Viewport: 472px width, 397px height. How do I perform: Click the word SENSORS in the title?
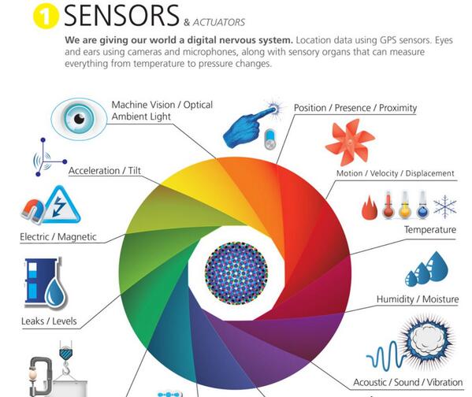[x=121, y=15]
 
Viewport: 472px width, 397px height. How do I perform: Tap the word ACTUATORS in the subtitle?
[x=219, y=22]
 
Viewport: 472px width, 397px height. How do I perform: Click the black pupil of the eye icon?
[x=79, y=119]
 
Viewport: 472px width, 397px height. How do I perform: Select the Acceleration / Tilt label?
[x=105, y=171]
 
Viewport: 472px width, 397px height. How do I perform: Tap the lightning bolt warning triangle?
[x=61, y=206]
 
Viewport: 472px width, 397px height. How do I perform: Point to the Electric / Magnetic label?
[x=58, y=237]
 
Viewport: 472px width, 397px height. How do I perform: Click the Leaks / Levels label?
[x=49, y=321]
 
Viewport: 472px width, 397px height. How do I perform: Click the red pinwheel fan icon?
[x=350, y=142]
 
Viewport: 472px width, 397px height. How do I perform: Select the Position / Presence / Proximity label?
[x=355, y=108]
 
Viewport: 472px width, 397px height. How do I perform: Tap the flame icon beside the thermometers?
[x=369, y=208]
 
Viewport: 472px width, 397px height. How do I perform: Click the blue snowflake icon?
[x=445, y=207]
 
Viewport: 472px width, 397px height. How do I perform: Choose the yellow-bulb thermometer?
[x=405, y=205]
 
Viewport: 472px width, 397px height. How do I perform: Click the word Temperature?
[x=430, y=230]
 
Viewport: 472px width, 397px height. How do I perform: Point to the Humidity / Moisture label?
[x=418, y=299]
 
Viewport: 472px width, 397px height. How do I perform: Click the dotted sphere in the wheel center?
[x=236, y=273]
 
